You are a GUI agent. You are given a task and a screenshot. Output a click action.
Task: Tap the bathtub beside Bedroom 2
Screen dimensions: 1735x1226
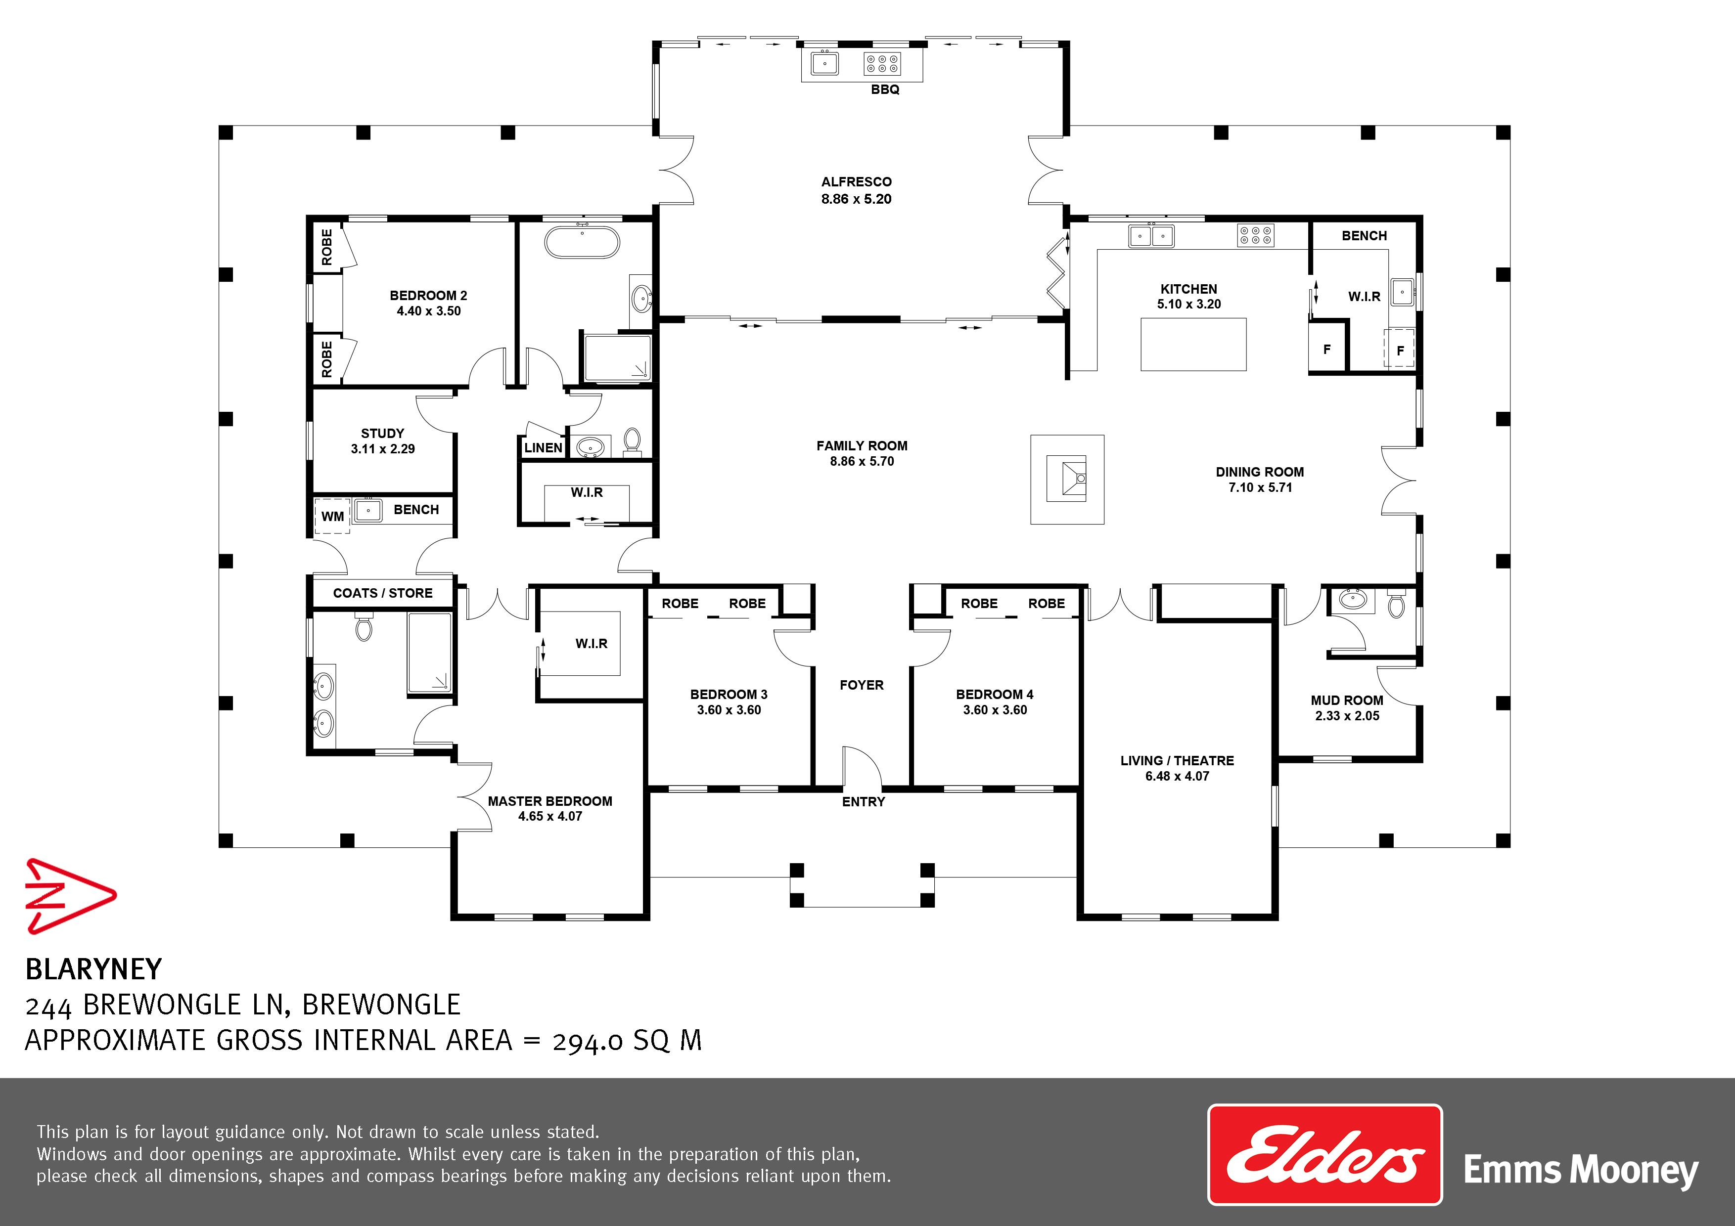(x=583, y=242)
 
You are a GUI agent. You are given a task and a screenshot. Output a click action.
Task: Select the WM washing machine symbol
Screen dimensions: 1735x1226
(x=332, y=517)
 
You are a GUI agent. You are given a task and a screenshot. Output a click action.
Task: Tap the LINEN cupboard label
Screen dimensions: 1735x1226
(x=544, y=448)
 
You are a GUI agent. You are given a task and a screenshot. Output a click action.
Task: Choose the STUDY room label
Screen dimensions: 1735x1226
(x=382, y=434)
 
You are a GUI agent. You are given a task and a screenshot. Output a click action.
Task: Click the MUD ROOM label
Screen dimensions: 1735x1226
(x=1347, y=700)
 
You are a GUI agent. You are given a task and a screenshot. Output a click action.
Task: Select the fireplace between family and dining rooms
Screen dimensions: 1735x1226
(x=1067, y=480)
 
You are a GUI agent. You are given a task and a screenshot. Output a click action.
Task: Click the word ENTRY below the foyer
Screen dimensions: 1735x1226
(x=863, y=801)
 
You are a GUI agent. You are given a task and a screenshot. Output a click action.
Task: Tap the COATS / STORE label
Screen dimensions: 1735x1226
(x=383, y=593)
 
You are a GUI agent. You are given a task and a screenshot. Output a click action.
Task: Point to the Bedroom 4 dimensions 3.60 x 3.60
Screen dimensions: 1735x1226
(x=995, y=710)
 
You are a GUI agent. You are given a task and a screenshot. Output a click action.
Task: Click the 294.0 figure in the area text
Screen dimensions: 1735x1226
(x=588, y=1042)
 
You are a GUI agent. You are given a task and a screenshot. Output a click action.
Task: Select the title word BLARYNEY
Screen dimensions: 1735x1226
(x=93, y=969)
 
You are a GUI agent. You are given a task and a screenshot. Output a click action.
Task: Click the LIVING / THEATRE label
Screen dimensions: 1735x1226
(x=1177, y=761)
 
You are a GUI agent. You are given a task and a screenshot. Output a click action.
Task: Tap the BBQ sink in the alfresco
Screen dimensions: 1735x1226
(x=824, y=63)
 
